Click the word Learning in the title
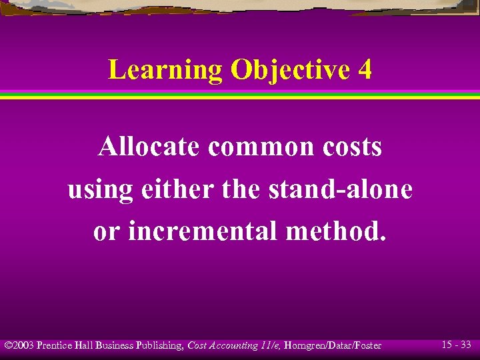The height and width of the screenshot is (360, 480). tap(165, 70)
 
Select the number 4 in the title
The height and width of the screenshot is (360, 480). tap(364, 70)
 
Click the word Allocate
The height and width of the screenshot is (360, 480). tap(148, 147)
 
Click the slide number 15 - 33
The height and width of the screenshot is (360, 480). tap(456, 345)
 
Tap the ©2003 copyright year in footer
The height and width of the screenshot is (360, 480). tap(19, 345)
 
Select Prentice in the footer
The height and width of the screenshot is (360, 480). tap(56, 345)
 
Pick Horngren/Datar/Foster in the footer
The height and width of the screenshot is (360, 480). tap(332, 345)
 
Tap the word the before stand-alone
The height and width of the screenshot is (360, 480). tap(241, 189)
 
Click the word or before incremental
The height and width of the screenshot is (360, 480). tap(107, 231)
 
